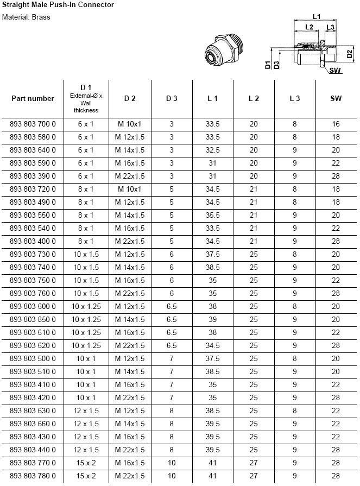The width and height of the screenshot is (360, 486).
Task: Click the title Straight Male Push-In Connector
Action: [x=58, y=5]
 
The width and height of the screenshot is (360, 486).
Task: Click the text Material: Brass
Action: [x=26, y=17]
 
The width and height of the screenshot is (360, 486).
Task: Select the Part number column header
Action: [x=33, y=98]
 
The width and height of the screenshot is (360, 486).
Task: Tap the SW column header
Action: [x=336, y=98]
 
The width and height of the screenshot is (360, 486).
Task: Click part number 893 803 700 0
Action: [x=33, y=124]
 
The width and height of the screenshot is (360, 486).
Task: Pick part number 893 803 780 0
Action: [x=33, y=476]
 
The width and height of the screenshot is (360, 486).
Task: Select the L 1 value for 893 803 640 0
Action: [x=213, y=150]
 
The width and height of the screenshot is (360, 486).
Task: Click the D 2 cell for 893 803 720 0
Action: [x=130, y=189]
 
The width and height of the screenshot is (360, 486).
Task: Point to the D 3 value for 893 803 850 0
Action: [x=172, y=320]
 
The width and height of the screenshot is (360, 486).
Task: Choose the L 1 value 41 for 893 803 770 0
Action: [x=213, y=463]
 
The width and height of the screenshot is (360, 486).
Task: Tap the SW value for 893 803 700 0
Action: [x=336, y=124]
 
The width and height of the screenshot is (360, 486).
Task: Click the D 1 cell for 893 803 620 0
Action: [x=86, y=346]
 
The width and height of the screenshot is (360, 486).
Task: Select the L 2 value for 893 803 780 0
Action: [x=254, y=476]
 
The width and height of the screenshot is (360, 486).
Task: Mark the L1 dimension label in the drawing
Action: [x=317, y=16]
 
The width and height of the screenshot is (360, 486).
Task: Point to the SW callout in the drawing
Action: [x=336, y=71]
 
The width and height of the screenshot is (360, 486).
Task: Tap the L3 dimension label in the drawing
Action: [x=330, y=27]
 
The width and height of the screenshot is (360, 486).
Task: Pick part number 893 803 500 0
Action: [x=33, y=359]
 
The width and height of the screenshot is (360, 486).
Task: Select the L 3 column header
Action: [x=295, y=98]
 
